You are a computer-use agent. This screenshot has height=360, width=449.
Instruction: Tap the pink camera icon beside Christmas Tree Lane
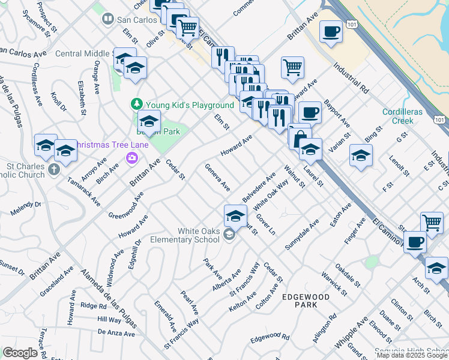(131, 158)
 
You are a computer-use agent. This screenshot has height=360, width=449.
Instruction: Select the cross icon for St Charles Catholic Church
(54, 169)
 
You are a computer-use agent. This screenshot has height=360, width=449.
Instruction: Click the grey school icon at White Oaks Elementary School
(229, 235)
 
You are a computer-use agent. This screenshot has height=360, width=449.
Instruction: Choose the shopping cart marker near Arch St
(432, 222)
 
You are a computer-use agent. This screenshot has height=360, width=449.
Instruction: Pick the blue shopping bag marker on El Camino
(300, 137)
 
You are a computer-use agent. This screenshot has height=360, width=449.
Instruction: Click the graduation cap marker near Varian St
(361, 156)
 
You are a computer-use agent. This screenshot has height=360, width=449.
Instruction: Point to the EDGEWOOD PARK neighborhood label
(306, 301)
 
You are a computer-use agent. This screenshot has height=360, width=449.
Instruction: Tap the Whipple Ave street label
(351, 335)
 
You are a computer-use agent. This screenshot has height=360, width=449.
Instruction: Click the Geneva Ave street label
(217, 178)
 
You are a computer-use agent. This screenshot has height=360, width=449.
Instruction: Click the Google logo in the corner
(20, 353)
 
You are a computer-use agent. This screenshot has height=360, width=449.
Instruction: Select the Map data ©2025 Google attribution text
(412, 355)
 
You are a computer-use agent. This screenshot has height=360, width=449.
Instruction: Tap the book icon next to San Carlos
(107, 19)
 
